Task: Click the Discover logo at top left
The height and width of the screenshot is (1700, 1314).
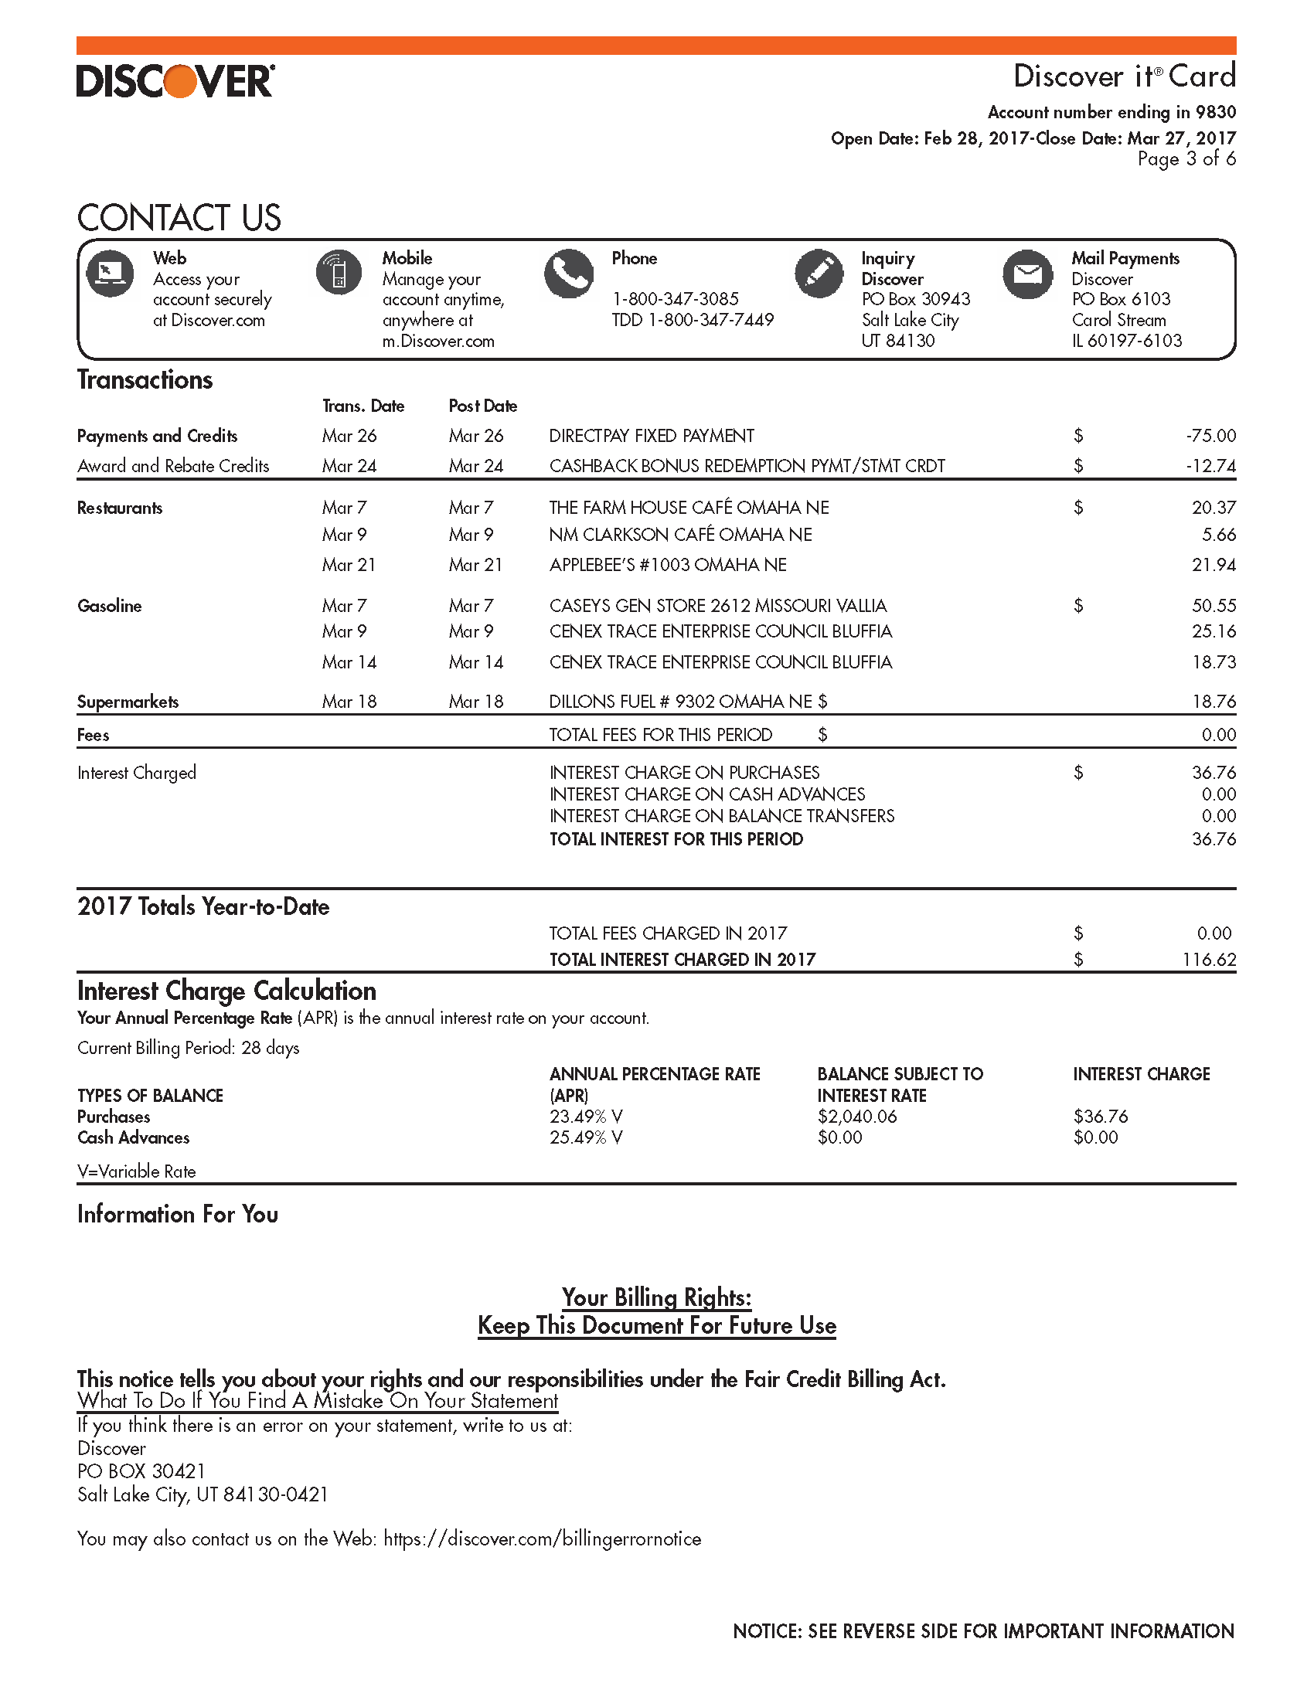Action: (x=175, y=80)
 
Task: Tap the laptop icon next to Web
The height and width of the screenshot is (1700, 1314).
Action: (x=110, y=274)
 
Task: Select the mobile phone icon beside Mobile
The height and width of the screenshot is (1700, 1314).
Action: (x=339, y=274)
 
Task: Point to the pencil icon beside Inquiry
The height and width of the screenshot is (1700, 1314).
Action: (x=819, y=274)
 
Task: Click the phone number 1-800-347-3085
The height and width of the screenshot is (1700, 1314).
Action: (x=675, y=299)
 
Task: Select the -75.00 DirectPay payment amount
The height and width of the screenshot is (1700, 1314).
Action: (x=1210, y=436)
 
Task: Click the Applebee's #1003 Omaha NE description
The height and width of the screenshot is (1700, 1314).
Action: (x=667, y=565)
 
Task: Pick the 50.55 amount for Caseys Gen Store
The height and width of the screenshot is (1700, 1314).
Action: (x=1213, y=606)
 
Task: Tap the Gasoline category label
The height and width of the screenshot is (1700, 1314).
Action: (x=110, y=606)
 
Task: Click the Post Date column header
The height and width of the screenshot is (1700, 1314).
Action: (x=482, y=406)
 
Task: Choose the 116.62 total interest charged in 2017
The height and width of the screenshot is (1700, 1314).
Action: (x=1208, y=960)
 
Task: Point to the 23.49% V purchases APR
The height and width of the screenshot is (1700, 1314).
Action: (x=585, y=1117)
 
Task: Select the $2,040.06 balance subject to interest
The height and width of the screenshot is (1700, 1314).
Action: (x=856, y=1117)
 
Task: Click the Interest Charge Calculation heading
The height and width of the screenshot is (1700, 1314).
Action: (x=226, y=991)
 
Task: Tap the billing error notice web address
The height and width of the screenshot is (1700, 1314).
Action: (x=543, y=1538)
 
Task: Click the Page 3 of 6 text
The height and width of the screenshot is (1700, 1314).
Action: (x=1186, y=158)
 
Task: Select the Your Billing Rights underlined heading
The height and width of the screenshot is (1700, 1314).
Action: (x=656, y=1297)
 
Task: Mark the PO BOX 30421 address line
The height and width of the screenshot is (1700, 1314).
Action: (x=141, y=1471)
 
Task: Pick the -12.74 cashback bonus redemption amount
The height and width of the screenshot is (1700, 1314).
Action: (x=1210, y=466)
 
